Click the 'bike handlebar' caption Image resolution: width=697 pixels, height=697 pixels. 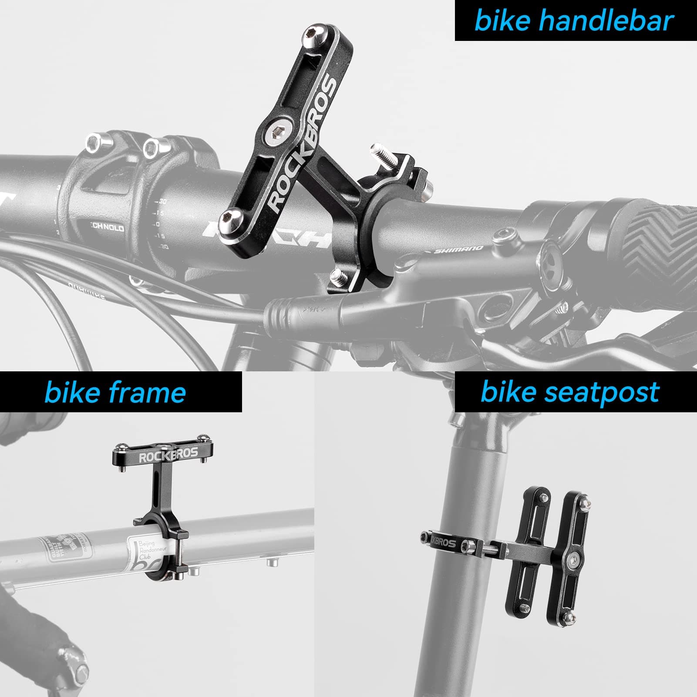pyautogui.click(x=575, y=21)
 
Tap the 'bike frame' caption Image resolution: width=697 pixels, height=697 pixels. pyautogui.click(x=115, y=392)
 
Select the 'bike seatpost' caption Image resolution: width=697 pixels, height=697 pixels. pyautogui.click(x=570, y=391)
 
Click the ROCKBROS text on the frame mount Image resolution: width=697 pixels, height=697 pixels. pyautogui.click(x=168, y=456)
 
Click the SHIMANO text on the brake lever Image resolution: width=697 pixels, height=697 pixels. pyautogui.click(x=459, y=249)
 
